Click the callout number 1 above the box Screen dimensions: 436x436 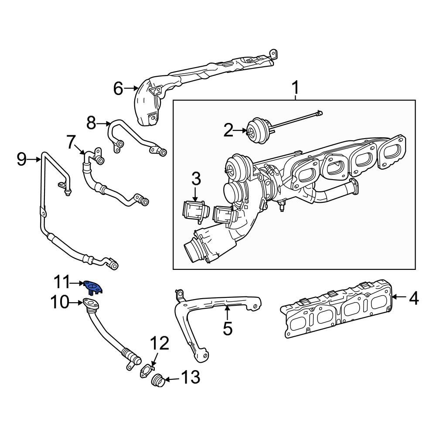[295, 89]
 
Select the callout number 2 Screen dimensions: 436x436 [229, 130]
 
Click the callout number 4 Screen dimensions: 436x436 [413, 299]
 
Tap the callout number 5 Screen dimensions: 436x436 [228, 328]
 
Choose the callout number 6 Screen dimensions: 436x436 [119, 89]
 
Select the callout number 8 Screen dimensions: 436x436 [91, 123]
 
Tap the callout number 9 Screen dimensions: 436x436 [22, 159]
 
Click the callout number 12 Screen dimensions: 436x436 [160, 344]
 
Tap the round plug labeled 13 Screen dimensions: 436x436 [157, 381]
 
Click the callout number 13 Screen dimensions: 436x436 [191, 377]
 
